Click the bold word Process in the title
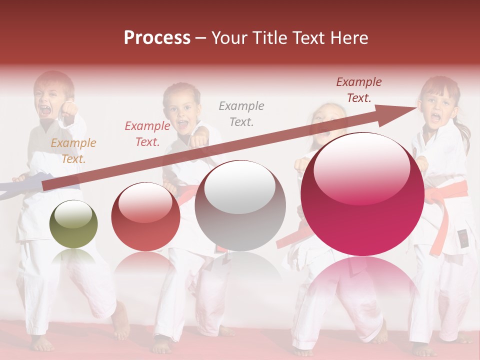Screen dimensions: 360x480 coord(157,38)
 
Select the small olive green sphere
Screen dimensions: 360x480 coord(73,224)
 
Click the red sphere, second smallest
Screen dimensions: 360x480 coord(145,216)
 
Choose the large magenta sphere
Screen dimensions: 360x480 coord(362,194)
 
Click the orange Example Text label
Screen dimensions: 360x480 coord(73,151)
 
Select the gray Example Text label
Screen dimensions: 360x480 coord(241,113)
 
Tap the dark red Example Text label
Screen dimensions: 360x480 coord(358,90)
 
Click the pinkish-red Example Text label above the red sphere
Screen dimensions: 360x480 coord(147,134)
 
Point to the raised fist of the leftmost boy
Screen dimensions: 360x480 coord(68,108)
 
